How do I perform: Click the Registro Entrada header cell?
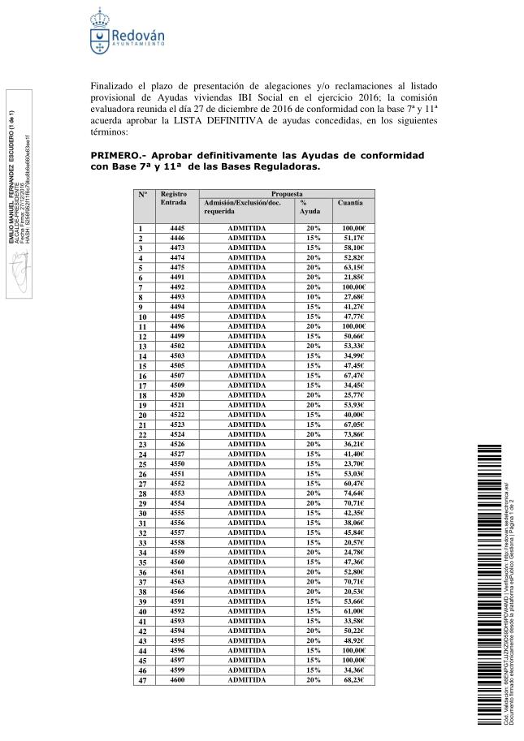pos(175,199)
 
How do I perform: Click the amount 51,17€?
pos(353,238)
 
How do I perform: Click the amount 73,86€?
pos(353,434)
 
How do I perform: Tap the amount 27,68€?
pos(353,297)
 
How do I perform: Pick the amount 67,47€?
pos(353,375)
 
